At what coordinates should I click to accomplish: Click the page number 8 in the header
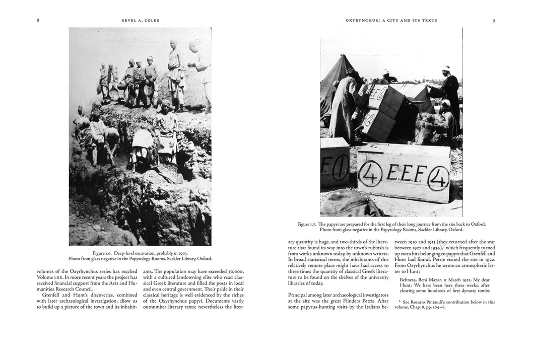(38, 20)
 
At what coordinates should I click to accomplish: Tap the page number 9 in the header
(494, 20)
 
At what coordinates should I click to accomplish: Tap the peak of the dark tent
(345, 56)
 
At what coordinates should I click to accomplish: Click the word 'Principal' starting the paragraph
(298, 295)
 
